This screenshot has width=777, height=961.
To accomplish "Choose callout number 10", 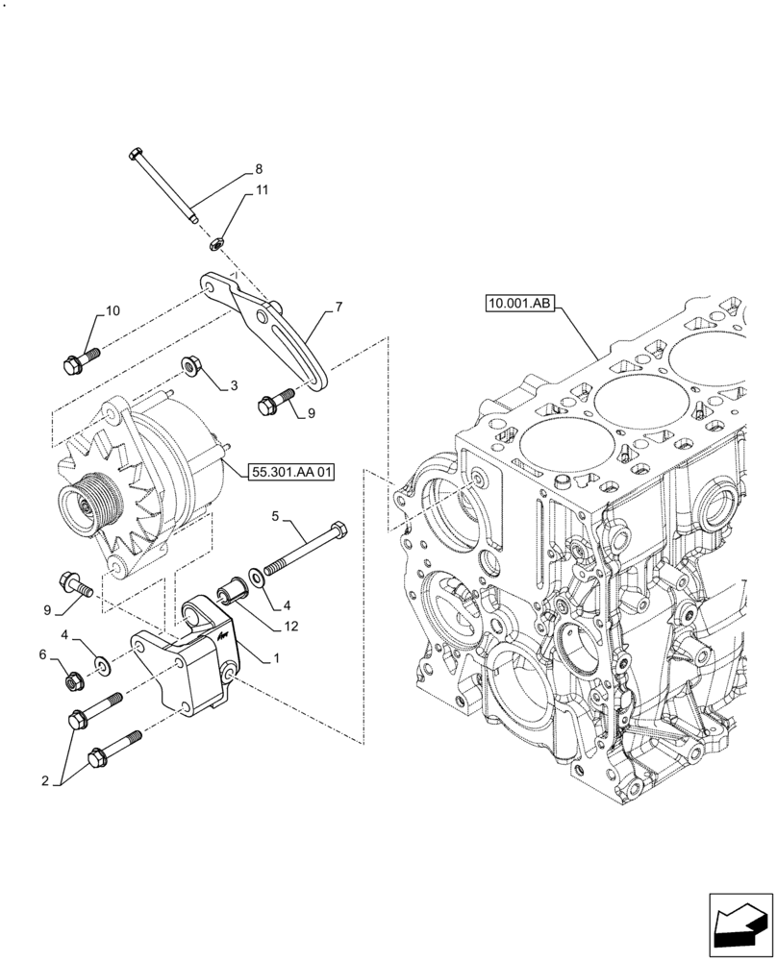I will [x=113, y=310].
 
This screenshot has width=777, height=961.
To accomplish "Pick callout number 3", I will [x=233, y=386].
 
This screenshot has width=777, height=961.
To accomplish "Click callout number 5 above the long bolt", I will [x=275, y=517].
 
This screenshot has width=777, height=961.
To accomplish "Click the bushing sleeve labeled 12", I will [x=234, y=587].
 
